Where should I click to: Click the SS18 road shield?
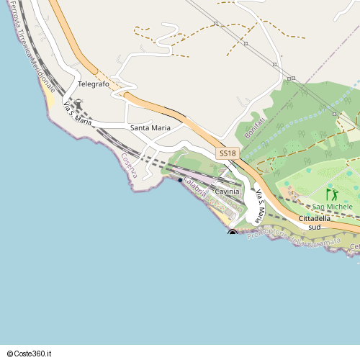pos(227,153)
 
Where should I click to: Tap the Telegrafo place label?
pos(94,84)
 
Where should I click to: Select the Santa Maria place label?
pos(150,127)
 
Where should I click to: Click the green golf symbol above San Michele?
pos(332,194)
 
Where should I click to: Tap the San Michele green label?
pos(332,207)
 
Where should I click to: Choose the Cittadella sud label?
pos(314,222)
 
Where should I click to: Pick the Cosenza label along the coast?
pos(129,166)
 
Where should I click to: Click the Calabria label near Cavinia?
pos(196,187)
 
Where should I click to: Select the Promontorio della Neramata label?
pos(292,236)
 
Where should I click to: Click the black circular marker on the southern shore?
pos(233,233)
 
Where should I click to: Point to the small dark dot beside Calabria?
pos(180,180)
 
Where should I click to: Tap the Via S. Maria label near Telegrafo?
pos(78,114)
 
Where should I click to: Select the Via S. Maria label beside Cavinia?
pos(260,205)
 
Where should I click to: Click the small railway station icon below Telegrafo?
pos(78,105)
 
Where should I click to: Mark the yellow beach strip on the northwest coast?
pos(50,94)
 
